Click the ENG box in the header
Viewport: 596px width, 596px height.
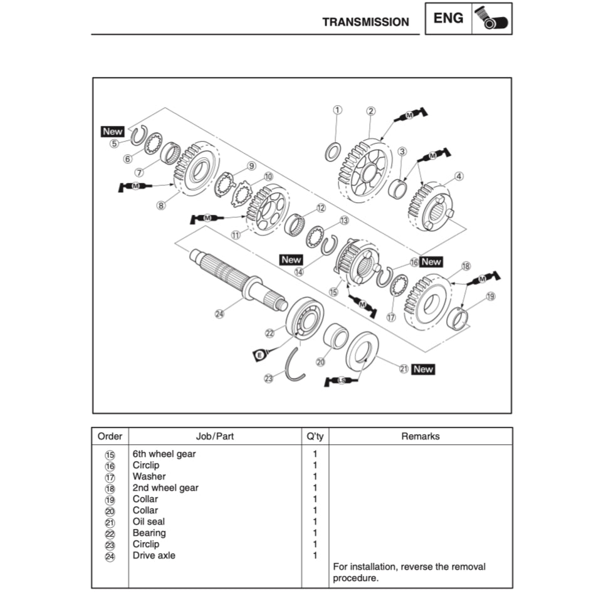449,18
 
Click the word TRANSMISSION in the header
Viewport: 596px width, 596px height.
365,22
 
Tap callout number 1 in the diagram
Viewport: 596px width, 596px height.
337,110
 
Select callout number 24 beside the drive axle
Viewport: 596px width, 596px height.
219,314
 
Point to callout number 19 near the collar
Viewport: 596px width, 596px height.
490,296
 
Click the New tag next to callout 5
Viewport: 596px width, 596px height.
113,132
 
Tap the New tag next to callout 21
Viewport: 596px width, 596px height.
423,369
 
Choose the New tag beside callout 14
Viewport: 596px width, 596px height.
291,259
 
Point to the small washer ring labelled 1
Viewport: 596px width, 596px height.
334,152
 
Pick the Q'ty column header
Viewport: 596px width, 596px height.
315,436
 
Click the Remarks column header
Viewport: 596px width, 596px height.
420,436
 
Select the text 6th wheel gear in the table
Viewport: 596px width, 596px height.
164,454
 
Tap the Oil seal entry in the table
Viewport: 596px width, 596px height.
149,521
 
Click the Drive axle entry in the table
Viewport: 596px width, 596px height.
154,555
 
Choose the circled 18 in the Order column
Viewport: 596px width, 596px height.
110,488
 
